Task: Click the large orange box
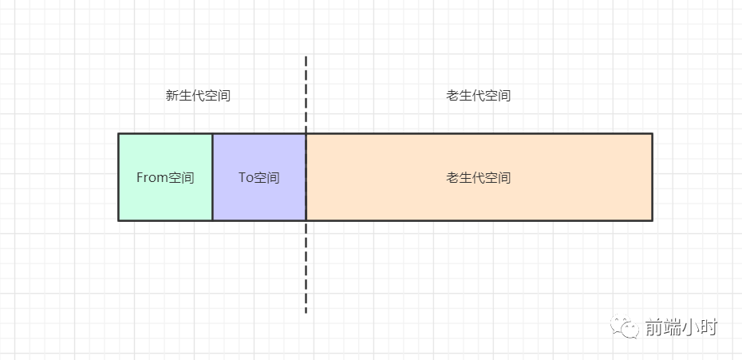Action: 479,200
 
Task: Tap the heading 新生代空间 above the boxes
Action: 198,96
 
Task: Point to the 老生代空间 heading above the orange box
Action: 479,96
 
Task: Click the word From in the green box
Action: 151,177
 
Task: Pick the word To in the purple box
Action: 246,177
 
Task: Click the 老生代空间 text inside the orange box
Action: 479,177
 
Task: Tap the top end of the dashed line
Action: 306,57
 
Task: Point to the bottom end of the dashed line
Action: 306,311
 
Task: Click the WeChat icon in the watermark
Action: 626,327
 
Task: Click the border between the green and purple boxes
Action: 212,177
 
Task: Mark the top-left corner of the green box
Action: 118,133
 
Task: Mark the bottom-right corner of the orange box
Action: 652,220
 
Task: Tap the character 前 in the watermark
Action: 654,327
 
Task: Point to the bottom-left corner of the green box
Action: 118,220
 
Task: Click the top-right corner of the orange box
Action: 652,133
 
